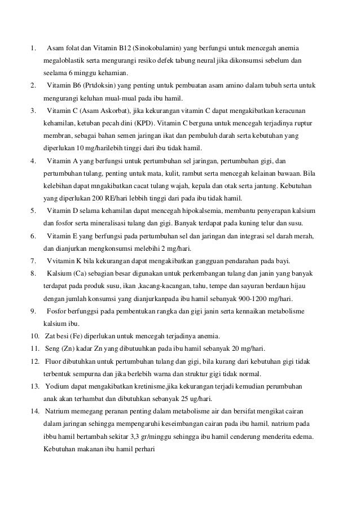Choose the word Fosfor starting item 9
tap(58, 312)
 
